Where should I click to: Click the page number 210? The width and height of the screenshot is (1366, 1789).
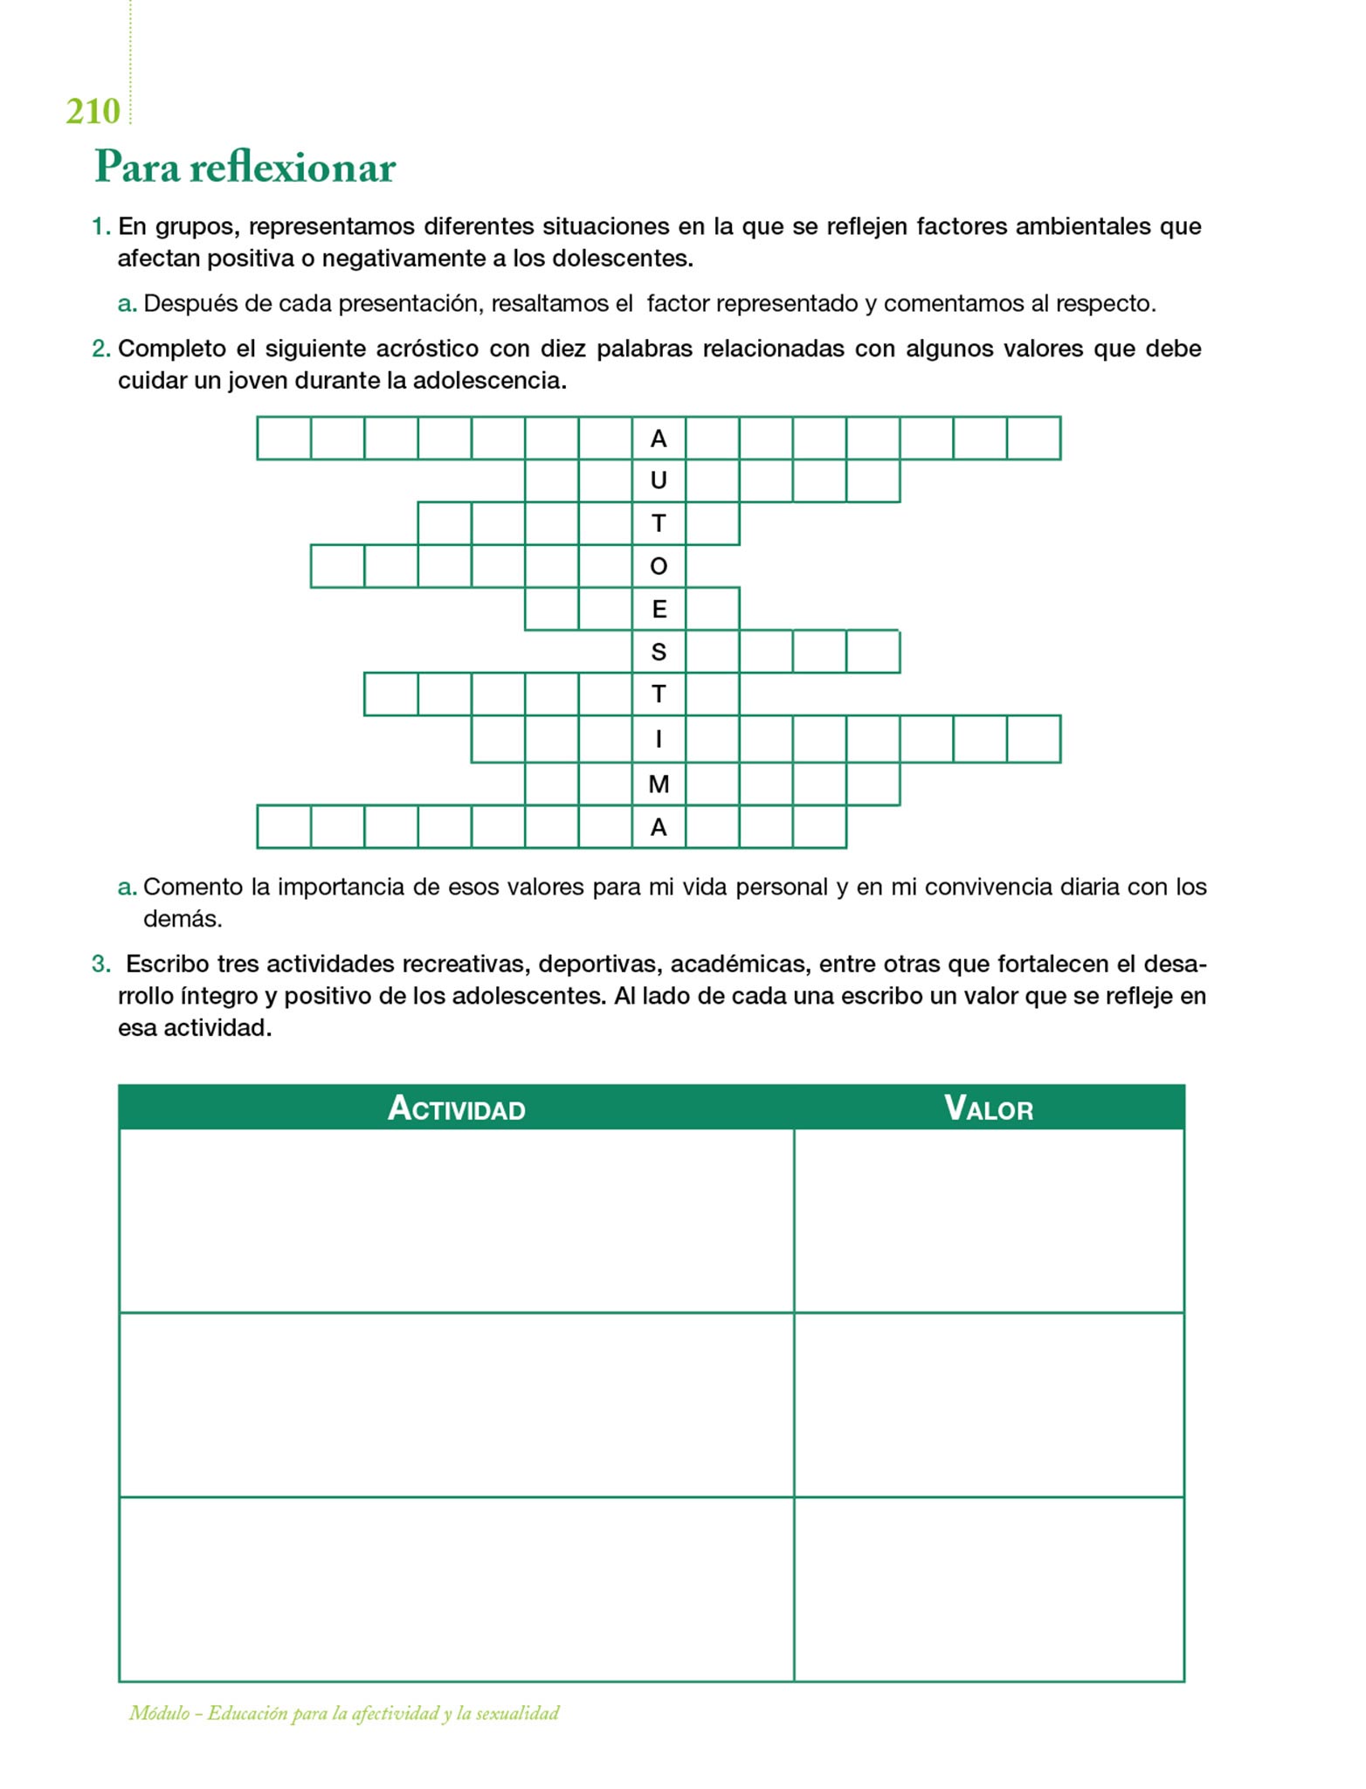[x=93, y=112]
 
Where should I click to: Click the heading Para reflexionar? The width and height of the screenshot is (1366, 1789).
[x=245, y=166]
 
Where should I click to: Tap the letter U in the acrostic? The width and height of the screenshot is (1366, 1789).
[x=659, y=480]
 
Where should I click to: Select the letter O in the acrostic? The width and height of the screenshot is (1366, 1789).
[x=659, y=566]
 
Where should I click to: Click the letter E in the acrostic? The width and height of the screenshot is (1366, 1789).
[x=659, y=609]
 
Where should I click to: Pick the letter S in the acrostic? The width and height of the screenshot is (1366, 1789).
[x=659, y=652]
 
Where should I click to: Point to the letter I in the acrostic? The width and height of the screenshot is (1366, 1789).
[x=659, y=739]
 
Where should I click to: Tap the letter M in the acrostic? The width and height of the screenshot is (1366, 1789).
[x=659, y=784]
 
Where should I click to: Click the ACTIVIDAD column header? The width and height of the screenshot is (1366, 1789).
[x=456, y=1109]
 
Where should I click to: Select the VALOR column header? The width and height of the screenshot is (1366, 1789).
[x=989, y=1109]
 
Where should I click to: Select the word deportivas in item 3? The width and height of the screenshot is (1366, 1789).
[x=597, y=964]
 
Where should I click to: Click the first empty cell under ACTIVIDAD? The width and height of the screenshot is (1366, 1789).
[x=456, y=1220]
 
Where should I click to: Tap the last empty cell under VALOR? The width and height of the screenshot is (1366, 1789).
[x=989, y=1589]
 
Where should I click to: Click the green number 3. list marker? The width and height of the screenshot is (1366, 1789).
[x=101, y=964]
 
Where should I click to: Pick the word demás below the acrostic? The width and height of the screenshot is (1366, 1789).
[x=183, y=919]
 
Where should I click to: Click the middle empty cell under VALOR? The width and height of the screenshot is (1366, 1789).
[x=989, y=1405]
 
